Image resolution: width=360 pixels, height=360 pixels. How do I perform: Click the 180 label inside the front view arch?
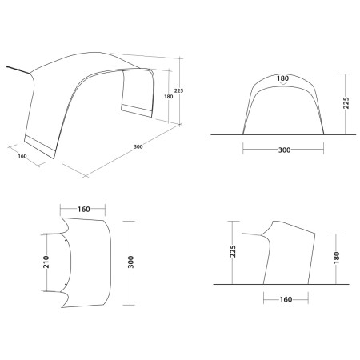(x=284, y=80)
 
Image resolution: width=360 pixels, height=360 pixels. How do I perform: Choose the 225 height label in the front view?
(x=345, y=103)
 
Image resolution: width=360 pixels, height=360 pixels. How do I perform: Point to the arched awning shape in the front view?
(x=284, y=104)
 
